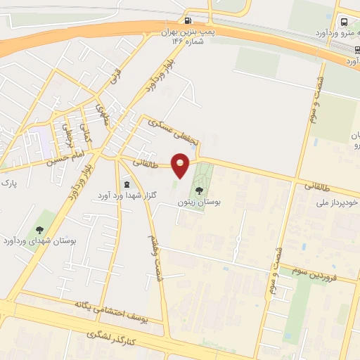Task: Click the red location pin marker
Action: (x=181, y=166)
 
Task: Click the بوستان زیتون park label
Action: (x=201, y=202)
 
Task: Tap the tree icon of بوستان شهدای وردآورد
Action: (x=39, y=229)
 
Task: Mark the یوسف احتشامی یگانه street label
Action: (x=112, y=308)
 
